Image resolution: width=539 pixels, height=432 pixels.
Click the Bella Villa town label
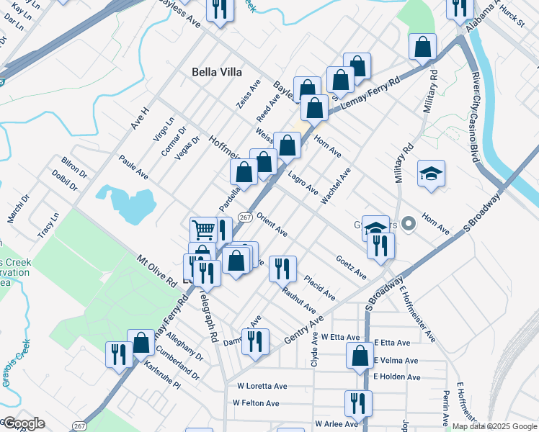[217, 72]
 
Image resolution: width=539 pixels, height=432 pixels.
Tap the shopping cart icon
[203, 230]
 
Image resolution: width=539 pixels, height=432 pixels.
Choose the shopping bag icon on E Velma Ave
[359, 356]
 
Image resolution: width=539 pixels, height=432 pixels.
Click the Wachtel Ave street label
[336, 186]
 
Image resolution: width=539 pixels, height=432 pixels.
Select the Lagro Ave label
[303, 183]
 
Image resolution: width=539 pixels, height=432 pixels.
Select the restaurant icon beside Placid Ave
[282, 269]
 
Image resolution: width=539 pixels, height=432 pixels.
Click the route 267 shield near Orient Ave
[245, 217]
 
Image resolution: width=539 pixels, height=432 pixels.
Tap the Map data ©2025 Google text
[494, 426]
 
